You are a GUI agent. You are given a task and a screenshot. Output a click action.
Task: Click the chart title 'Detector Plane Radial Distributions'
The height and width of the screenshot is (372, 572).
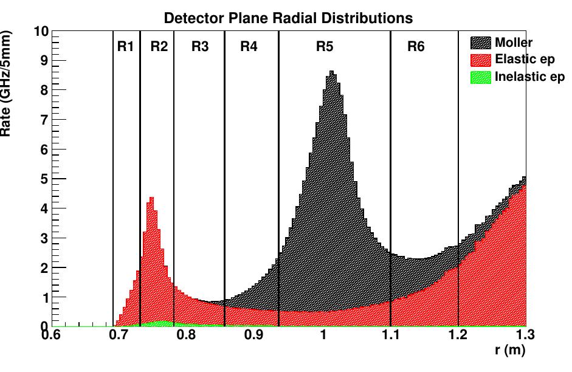288,18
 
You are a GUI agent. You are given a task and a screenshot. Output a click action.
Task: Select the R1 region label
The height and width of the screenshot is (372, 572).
125,47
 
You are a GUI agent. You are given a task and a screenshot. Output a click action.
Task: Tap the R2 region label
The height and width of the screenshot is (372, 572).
159,47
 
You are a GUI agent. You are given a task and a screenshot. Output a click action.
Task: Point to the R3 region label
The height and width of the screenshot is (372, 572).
200,47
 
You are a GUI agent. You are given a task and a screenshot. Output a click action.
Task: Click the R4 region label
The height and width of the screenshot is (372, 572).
249,47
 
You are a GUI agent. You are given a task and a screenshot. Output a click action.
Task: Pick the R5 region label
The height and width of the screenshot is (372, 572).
325,47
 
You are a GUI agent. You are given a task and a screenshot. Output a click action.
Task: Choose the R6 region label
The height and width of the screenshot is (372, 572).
416,47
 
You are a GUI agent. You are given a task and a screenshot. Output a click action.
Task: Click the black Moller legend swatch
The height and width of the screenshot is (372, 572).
480,43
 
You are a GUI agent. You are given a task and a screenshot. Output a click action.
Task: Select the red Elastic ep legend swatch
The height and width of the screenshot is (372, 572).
480,60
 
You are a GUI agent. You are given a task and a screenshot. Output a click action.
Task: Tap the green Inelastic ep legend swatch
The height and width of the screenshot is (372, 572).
480,77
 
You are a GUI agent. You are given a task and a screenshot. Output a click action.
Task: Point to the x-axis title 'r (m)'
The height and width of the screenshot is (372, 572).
509,350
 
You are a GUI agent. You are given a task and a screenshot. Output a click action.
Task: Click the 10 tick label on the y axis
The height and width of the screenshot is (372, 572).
41,32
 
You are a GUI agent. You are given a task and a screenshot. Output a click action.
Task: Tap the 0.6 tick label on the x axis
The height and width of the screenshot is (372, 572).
52,335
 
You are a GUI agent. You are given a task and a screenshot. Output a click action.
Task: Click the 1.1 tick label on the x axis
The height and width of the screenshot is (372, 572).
390,335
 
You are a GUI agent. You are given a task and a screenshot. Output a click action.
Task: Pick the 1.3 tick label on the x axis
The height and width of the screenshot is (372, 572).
525,335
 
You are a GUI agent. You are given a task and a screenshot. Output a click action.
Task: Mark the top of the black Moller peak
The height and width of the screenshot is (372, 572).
332,72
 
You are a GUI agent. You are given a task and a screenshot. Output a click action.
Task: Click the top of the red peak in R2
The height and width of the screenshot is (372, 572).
151,198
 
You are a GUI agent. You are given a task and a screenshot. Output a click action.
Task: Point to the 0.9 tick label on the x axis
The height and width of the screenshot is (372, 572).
255,335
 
